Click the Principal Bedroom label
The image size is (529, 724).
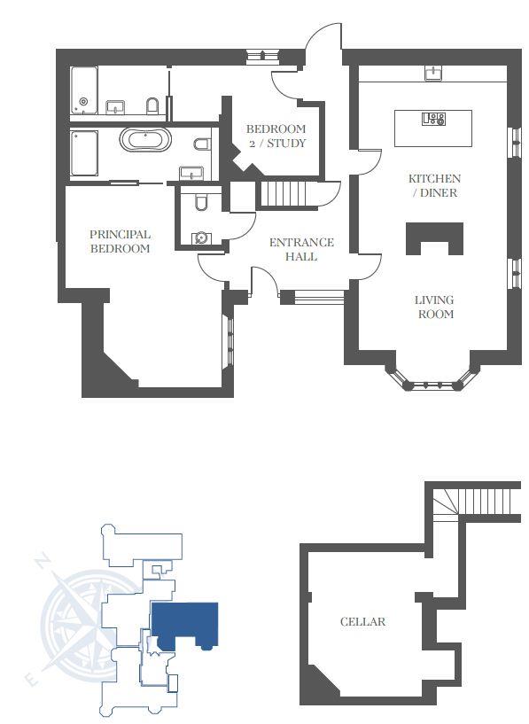pos(120,242)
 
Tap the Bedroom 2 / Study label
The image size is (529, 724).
pos(276,136)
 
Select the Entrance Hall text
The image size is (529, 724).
pos(301,249)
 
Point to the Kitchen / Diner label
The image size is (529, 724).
pos(433,185)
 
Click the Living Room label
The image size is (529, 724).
pos(434,307)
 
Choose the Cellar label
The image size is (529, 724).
pos(362,621)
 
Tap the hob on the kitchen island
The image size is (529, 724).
pos(433,119)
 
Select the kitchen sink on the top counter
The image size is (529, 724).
pos(432,74)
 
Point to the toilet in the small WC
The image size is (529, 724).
pos(200,203)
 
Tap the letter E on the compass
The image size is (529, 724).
pos(32,680)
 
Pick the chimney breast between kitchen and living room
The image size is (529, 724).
pos(434,238)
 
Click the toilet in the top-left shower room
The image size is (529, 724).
pos(152,105)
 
